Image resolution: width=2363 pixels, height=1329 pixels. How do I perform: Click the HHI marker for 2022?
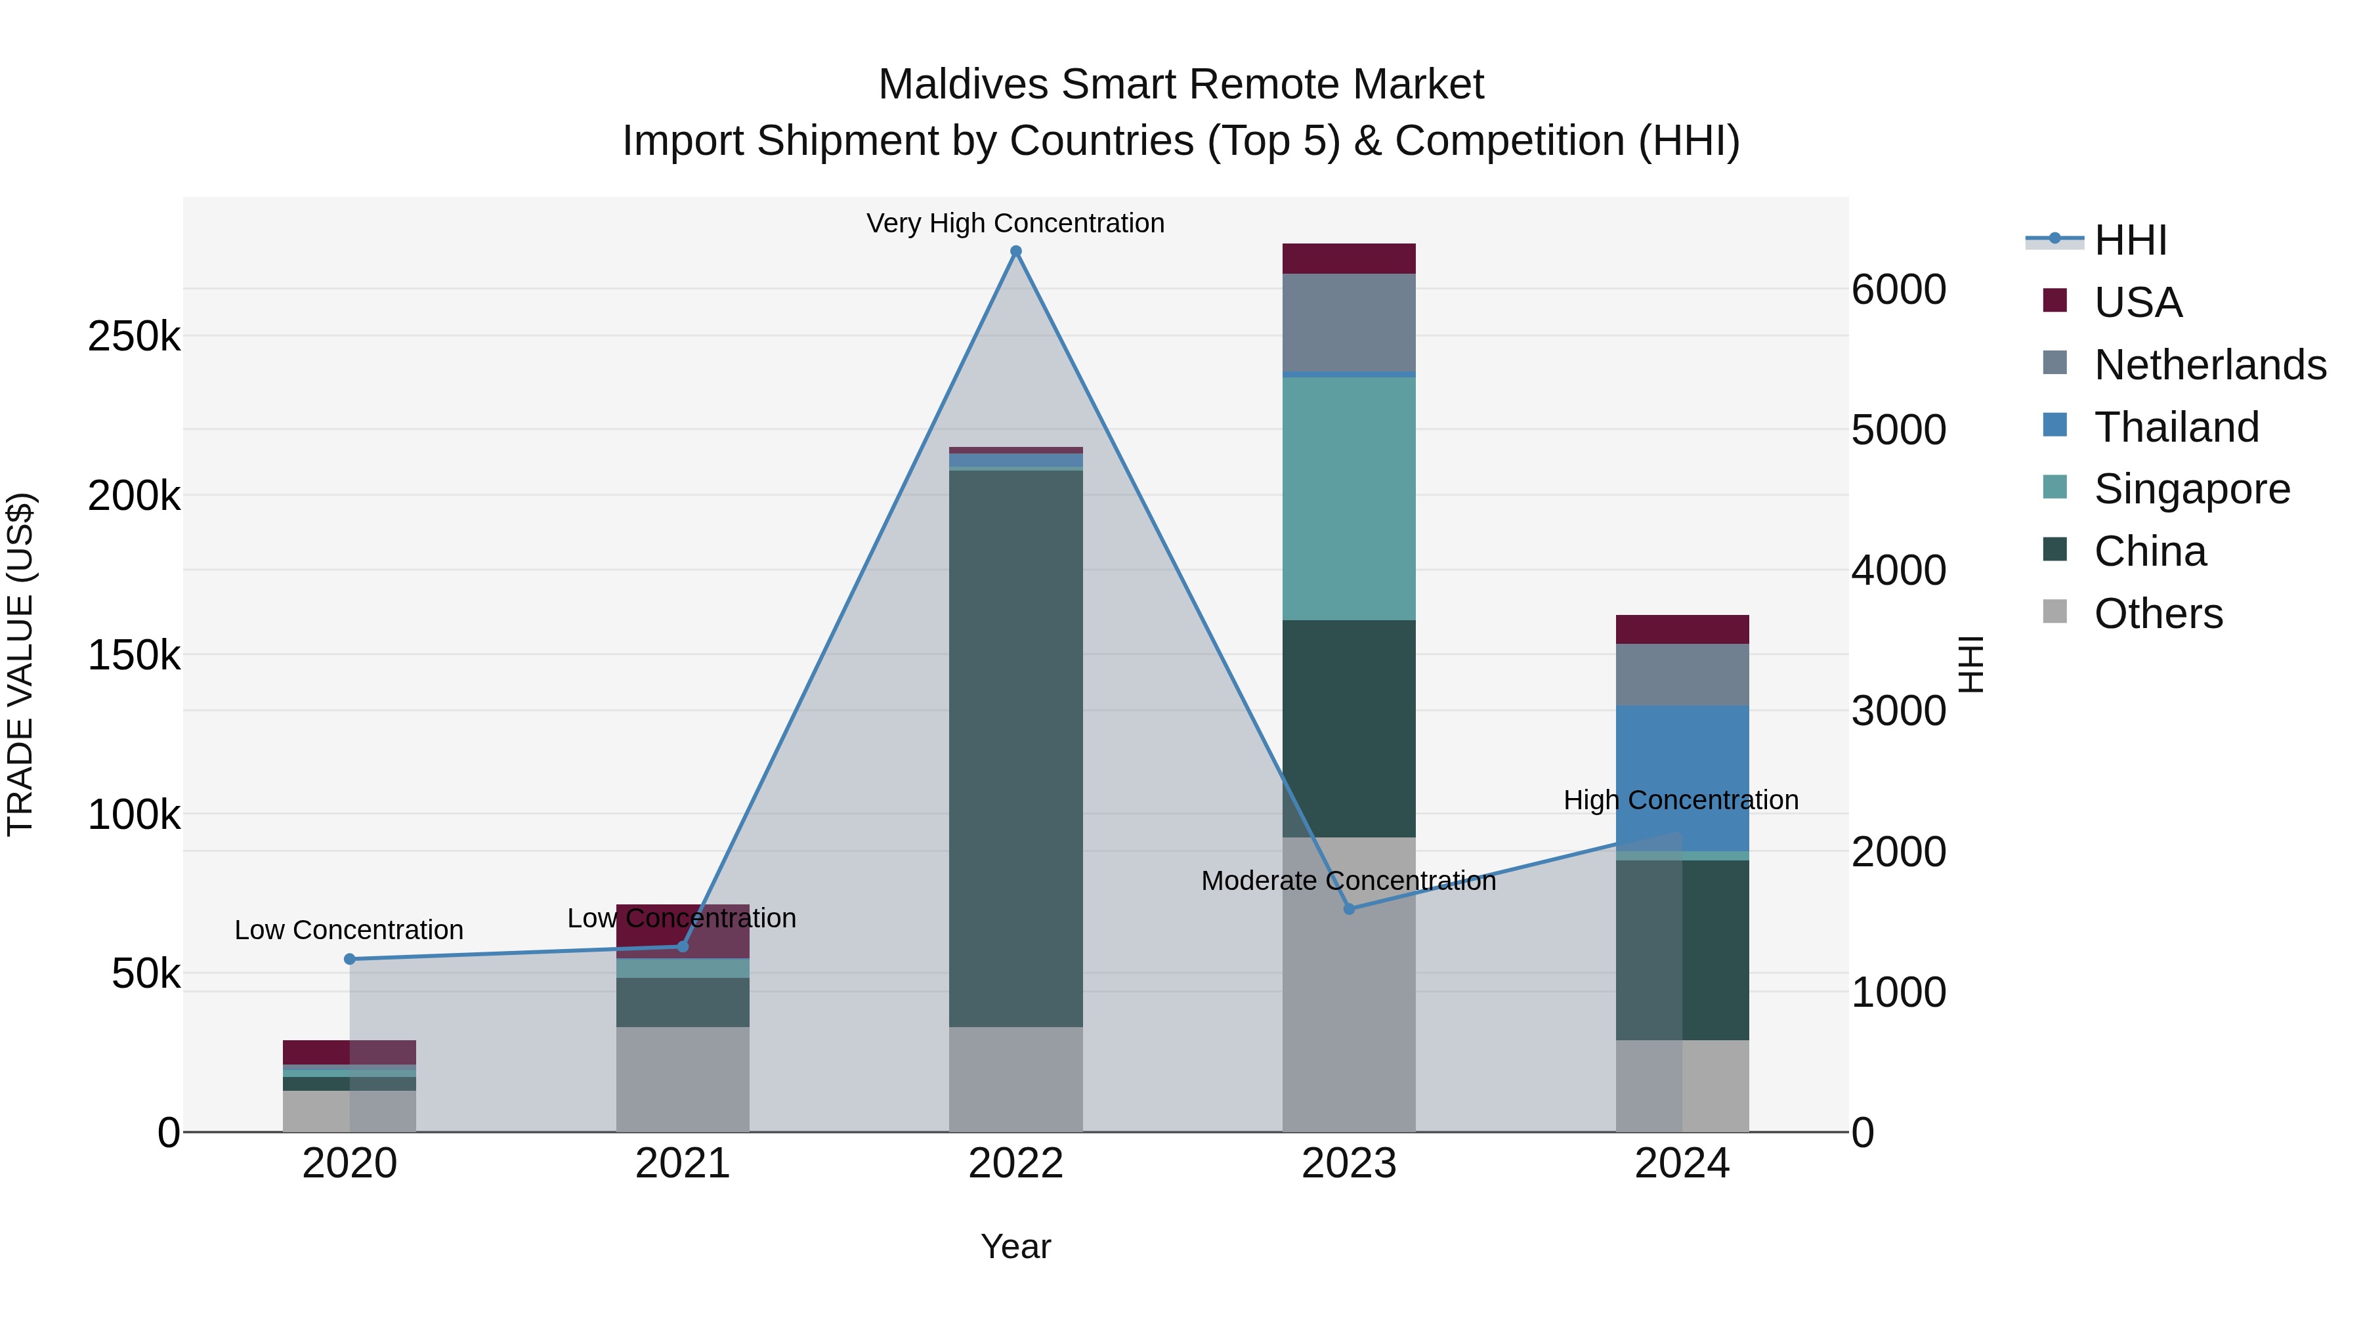(1015, 251)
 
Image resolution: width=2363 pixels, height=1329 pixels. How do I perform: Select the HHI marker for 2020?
(349, 960)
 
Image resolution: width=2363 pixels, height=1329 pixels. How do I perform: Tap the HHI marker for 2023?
(1348, 909)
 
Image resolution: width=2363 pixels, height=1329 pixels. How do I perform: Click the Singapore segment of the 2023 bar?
(1348, 498)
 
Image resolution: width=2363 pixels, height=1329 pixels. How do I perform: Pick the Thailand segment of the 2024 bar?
(1682, 778)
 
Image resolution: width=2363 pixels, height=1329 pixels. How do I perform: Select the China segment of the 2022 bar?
(1015, 748)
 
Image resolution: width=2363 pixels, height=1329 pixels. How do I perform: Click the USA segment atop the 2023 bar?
(1348, 259)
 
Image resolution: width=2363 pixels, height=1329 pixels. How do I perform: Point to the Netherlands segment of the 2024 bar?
(1682, 674)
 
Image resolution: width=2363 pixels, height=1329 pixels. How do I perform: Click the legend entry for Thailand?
(2175, 427)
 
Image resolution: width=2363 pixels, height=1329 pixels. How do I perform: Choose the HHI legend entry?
(2129, 240)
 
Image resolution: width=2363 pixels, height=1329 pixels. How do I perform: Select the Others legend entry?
(2158, 614)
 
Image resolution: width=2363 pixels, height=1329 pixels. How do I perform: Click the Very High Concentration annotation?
(1015, 223)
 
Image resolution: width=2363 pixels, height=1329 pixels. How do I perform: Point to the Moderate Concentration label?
(1348, 881)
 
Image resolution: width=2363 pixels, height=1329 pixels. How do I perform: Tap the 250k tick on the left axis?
(134, 337)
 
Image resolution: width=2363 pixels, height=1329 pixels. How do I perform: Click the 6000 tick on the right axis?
(1898, 290)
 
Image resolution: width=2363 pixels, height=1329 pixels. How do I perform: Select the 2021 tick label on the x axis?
(683, 1164)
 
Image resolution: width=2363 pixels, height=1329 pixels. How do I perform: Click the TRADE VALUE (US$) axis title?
(20, 664)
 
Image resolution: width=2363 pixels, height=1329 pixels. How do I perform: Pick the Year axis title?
(1015, 1246)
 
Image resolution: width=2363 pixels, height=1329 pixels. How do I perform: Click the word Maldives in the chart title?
(962, 85)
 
